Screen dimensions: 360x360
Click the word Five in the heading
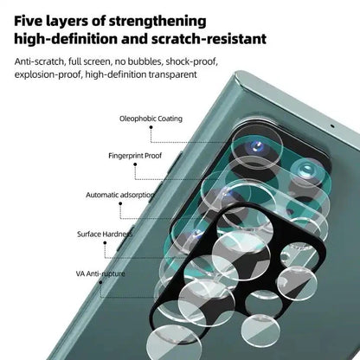pyautogui.click(x=32, y=19)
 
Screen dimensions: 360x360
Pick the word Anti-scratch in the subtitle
pyautogui.click(x=38, y=62)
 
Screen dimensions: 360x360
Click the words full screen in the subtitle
pyautogui.click(x=93, y=62)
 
